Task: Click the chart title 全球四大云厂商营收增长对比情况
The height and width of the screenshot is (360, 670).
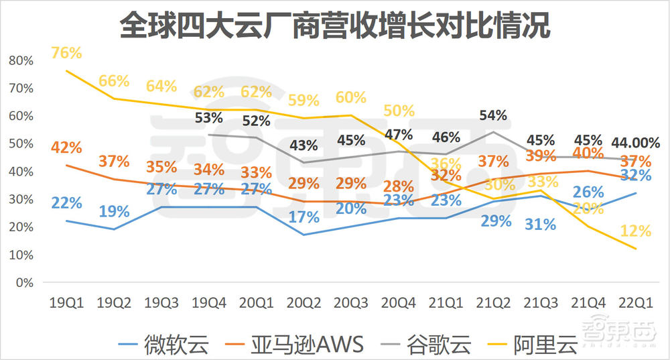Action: (335, 25)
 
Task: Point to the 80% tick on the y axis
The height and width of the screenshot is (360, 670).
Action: (22, 60)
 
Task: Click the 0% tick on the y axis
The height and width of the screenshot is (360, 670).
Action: (25, 282)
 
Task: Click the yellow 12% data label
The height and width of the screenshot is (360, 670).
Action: (635, 231)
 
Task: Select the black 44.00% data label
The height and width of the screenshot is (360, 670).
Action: (635, 143)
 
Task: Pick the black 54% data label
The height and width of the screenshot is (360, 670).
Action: (492, 115)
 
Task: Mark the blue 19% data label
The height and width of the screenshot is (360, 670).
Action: (114, 212)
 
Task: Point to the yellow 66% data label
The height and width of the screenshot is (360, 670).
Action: (114, 81)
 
